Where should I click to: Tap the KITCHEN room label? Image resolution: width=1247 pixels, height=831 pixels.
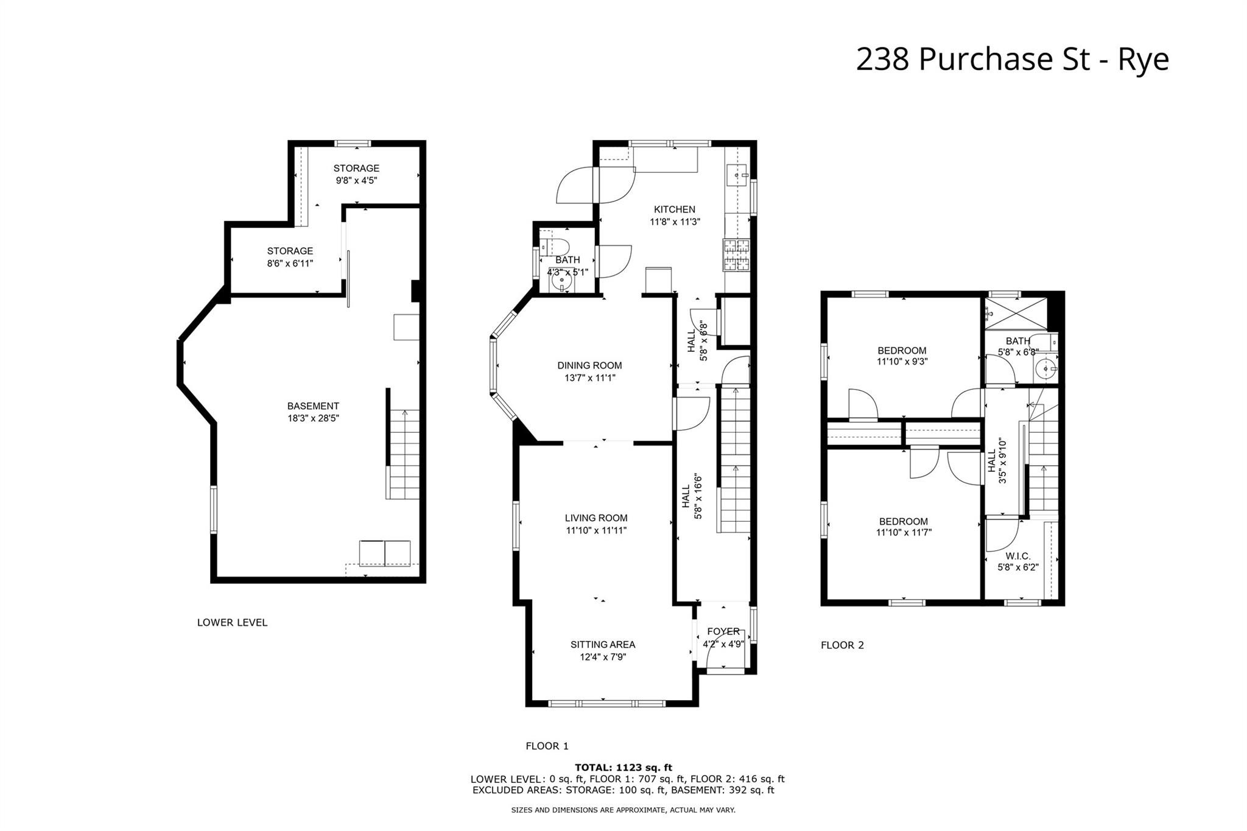[x=675, y=209]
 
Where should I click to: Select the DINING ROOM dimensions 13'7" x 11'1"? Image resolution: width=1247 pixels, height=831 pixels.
[x=589, y=378]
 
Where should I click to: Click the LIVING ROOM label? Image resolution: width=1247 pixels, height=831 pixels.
[x=595, y=518]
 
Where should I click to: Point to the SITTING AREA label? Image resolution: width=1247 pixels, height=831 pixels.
[x=602, y=644]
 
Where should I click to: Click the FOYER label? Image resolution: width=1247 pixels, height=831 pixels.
[x=723, y=631]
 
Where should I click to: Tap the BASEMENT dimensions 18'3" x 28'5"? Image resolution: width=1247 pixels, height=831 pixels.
[x=313, y=418]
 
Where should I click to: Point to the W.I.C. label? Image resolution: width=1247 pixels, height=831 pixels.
[x=1017, y=556]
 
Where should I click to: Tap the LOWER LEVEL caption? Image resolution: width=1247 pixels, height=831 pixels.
[x=232, y=622]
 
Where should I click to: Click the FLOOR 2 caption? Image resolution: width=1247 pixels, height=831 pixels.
[x=842, y=645]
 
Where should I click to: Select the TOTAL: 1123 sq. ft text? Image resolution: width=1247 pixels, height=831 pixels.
[x=623, y=768]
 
